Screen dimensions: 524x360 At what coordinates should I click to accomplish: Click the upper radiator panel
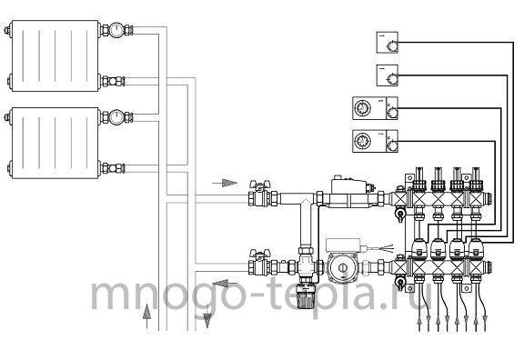(55, 55)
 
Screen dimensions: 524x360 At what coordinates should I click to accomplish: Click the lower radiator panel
(55, 143)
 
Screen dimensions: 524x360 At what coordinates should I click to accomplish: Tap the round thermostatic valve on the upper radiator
(116, 30)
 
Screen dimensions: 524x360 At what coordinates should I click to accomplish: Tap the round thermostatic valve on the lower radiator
(116, 117)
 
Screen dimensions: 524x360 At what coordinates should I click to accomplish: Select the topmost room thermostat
(388, 43)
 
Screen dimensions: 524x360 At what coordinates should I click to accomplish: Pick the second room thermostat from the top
(388, 75)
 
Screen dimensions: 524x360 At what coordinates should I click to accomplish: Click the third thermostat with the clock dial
(376, 108)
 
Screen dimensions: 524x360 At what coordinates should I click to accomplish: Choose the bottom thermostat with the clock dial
(376, 141)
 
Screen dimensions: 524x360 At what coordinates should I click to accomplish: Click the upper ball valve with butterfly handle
(259, 195)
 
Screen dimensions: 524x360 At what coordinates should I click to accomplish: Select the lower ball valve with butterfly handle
(259, 264)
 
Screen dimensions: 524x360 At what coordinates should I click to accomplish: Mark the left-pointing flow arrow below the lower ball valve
(226, 284)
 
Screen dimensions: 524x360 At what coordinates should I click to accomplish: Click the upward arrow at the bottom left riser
(146, 316)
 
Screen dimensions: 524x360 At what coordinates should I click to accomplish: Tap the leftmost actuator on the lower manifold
(419, 249)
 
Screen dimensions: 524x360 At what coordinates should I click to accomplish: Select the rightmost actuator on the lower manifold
(476, 249)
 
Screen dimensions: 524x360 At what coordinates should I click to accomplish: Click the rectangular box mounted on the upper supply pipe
(349, 186)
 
